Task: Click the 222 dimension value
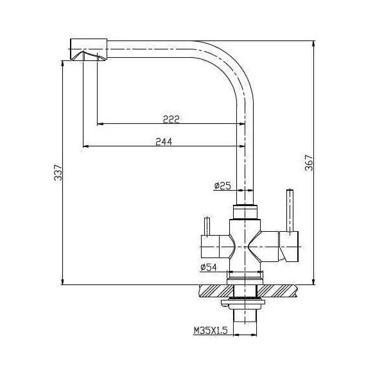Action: [x=171, y=119]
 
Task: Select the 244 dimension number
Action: [x=164, y=141]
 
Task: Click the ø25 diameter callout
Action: [x=222, y=186]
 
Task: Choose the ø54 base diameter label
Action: [x=209, y=266]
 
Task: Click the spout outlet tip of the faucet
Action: [x=87, y=57]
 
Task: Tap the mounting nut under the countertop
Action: [x=245, y=302]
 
